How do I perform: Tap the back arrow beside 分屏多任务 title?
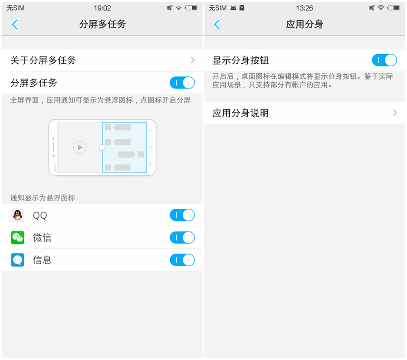15,25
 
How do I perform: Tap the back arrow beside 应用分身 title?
217,25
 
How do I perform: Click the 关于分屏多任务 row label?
43,61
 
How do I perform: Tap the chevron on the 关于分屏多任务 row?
193,60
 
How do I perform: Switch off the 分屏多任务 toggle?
182,83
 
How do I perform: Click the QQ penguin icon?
18,215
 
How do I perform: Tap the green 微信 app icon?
18,238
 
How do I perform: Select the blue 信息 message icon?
18,260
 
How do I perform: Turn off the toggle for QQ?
182,215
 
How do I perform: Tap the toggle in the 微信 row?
182,238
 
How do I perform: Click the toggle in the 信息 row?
182,260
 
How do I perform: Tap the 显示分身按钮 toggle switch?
384,60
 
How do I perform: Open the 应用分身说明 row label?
241,113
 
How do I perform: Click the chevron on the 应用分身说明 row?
395,113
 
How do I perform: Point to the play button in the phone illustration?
80,147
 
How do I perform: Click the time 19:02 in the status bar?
102,8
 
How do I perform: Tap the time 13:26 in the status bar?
304,8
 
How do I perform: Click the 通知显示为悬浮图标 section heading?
43,198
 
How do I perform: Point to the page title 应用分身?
304,24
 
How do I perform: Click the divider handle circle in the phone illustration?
102,147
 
